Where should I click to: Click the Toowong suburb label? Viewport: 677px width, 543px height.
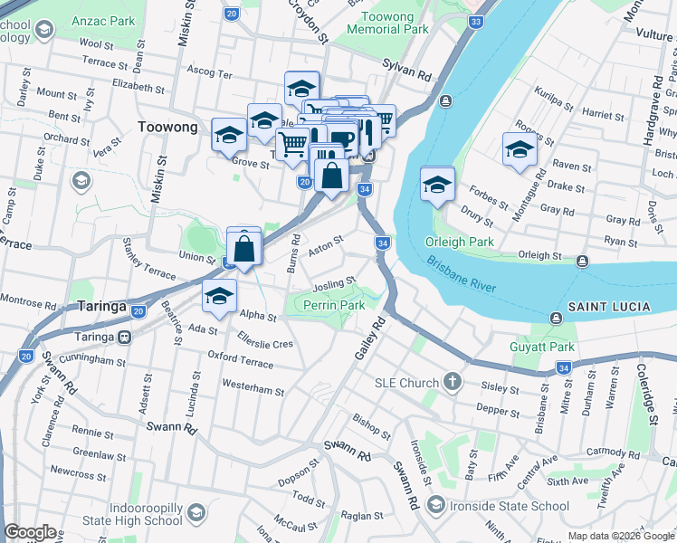click(x=167, y=128)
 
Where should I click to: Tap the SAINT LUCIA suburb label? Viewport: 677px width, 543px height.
click(x=609, y=308)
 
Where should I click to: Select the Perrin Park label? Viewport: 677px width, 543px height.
click(x=334, y=306)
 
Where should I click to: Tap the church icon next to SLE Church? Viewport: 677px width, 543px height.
click(x=452, y=383)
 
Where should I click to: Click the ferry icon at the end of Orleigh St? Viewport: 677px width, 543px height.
click(x=582, y=262)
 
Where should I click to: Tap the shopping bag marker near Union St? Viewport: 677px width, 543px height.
click(x=244, y=248)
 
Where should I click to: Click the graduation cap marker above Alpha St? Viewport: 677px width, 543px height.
click(x=219, y=297)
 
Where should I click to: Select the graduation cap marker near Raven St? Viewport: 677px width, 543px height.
click(x=520, y=151)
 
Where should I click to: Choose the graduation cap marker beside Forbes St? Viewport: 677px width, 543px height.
click(x=437, y=186)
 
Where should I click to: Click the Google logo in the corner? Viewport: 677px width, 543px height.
click(x=30, y=532)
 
